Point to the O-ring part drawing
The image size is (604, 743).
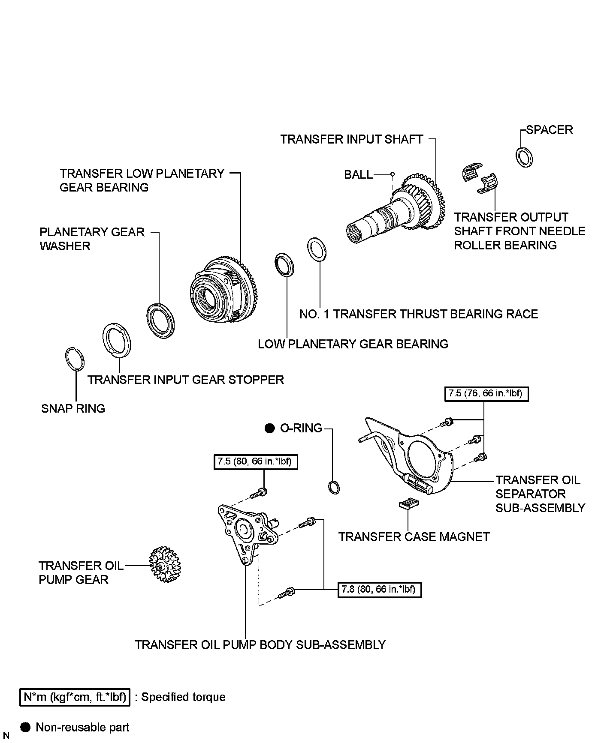tap(333, 487)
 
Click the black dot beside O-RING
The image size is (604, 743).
tap(269, 428)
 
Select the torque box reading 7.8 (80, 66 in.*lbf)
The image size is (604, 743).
tap(379, 590)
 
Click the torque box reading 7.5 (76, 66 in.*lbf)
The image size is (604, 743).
tap(486, 393)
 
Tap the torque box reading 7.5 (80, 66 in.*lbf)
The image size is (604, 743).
tap(255, 462)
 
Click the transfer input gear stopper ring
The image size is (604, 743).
tap(117, 339)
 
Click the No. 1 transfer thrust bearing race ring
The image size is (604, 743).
tap(317, 248)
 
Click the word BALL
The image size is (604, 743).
tap(358, 175)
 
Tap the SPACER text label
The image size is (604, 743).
tap(549, 130)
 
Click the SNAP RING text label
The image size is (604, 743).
tap(73, 408)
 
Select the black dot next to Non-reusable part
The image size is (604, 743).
tap(26, 727)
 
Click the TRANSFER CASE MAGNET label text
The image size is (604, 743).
tap(414, 537)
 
